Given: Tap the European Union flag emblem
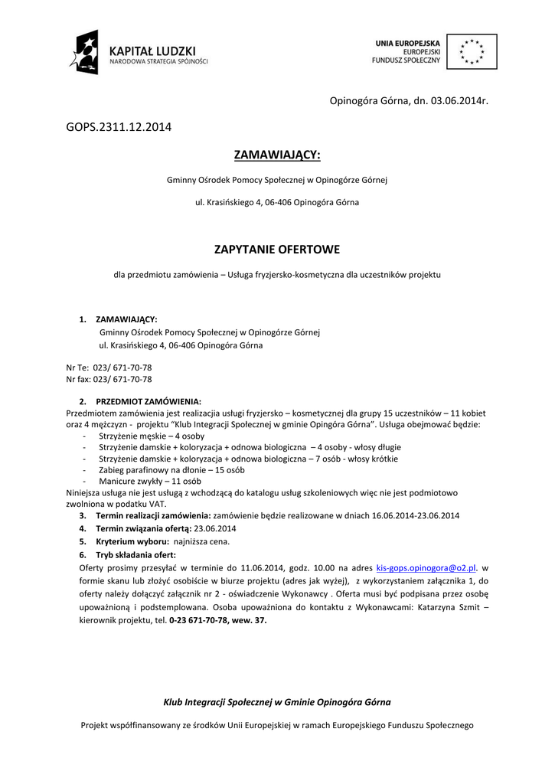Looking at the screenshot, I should click(471, 51).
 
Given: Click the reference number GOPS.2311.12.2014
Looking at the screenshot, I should click(119, 126).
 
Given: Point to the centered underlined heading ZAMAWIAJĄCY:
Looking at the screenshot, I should click(277, 156).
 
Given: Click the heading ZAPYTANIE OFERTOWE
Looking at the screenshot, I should click(277, 250).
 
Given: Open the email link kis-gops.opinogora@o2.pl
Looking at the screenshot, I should click(427, 568).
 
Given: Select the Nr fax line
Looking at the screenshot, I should click(109, 379).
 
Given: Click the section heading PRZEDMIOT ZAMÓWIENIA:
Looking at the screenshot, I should click(148, 401).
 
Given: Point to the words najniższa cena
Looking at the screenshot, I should click(201, 541).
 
